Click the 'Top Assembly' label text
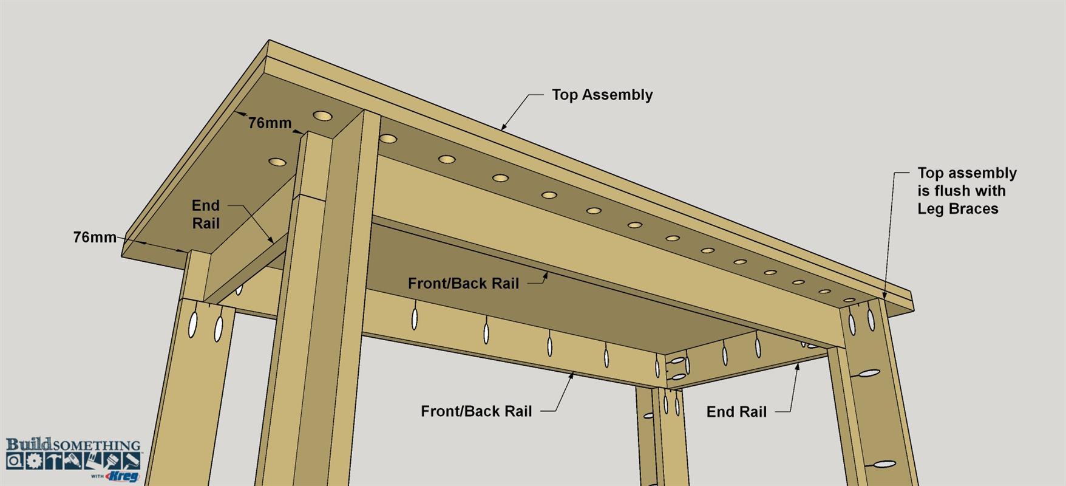pyautogui.click(x=602, y=95)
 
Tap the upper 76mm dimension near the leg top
pyautogui.click(x=270, y=123)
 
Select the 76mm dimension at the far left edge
pyautogui.click(x=95, y=237)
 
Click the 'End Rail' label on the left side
pyautogui.click(x=206, y=214)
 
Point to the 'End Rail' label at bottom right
pyautogui.click(x=736, y=412)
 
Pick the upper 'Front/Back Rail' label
pyautogui.click(x=463, y=283)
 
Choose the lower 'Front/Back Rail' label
pyautogui.click(x=476, y=411)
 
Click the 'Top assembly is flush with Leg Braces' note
pyautogui.click(x=966, y=191)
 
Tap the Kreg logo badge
pyautogui.click(x=124, y=476)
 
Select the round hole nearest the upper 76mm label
pyautogui.click(x=322, y=115)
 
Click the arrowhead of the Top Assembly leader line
pyautogui.click(x=503, y=128)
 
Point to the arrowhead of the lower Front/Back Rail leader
pyautogui.click(x=571, y=375)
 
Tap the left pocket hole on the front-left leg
pyautogui.click(x=194, y=324)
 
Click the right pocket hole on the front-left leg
pyautogui.click(x=219, y=327)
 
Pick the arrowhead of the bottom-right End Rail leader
pyautogui.click(x=797, y=365)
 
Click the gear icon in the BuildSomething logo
pyautogui.click(x=34, y=460)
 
